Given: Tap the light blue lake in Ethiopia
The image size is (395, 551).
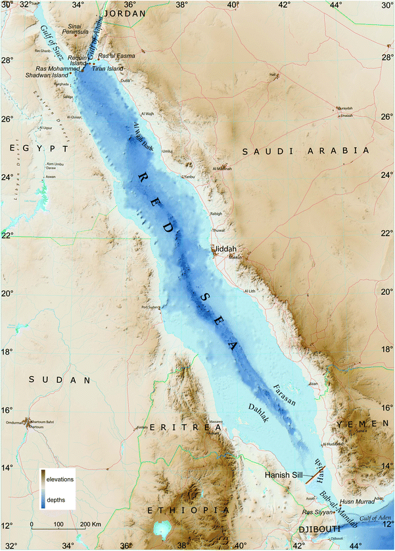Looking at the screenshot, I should coord(160,529).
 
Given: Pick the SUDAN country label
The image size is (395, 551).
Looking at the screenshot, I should coord(60,380).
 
